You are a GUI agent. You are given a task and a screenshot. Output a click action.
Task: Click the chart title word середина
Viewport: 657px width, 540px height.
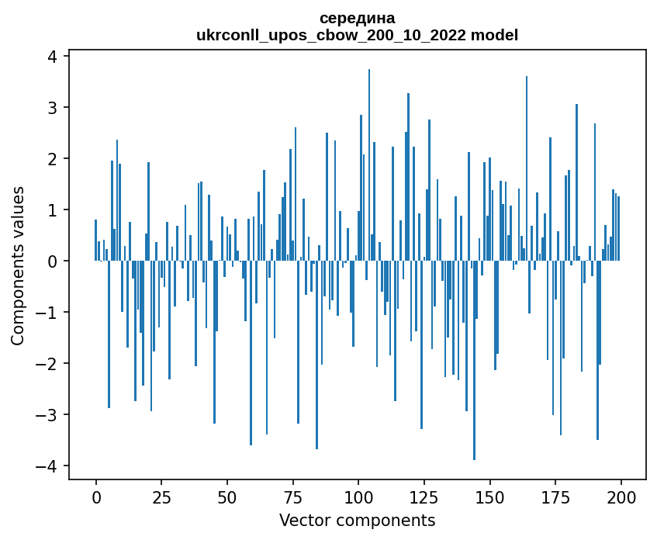tap(357, 18)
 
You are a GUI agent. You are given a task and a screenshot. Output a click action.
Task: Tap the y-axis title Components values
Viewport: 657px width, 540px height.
tap(18, 265)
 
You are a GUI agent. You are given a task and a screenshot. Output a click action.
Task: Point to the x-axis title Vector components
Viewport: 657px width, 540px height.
tap(357, 520)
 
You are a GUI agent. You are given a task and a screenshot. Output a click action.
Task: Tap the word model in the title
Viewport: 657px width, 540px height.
tap(497, 35)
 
